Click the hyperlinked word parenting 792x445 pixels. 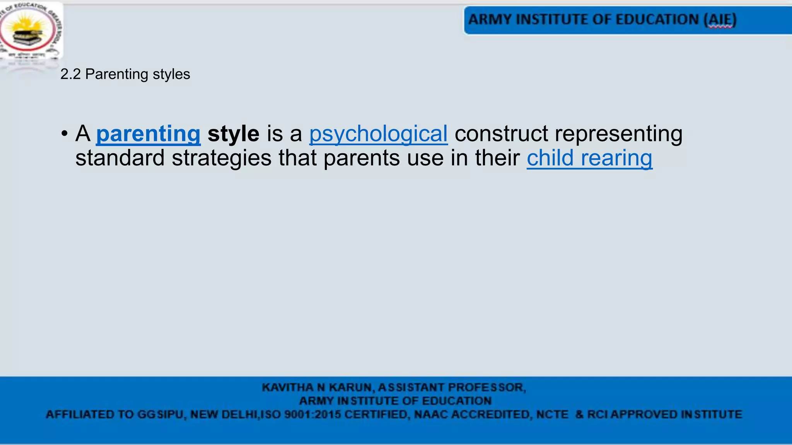[148, 134]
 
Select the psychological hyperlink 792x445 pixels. [378, 134]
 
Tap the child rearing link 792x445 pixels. [589, 158]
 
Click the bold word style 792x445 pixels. [233, 134]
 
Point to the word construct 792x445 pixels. [501, 134]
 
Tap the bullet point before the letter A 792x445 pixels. [64, 134]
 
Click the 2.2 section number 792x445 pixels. [70, 74]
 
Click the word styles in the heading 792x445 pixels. [171, 74]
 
